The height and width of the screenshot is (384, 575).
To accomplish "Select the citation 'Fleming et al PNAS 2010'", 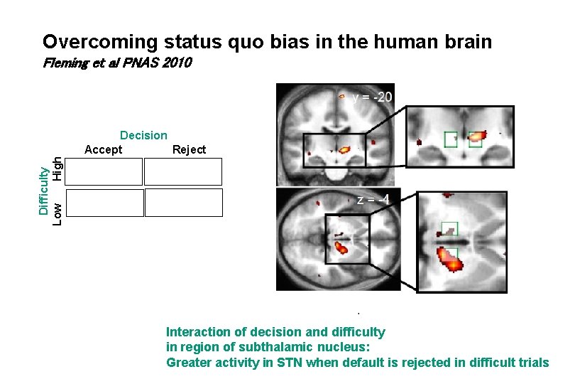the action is tap(116, 63).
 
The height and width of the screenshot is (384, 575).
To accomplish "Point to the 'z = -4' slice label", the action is tap(373, 200).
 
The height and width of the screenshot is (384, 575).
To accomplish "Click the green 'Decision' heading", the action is tap(143, 135).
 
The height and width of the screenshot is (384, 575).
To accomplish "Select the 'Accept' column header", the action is tap(103, 149).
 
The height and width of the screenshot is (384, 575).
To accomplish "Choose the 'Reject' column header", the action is tap(189, 149).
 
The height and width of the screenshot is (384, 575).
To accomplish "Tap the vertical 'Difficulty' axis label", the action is tap(44, 191).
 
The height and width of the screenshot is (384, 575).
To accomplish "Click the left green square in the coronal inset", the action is tap(450, 139).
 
